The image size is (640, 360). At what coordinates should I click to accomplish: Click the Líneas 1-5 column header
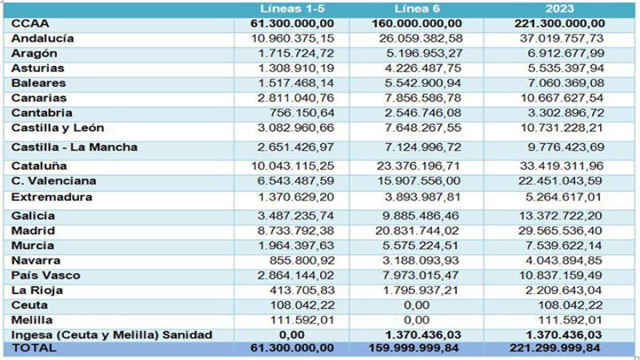292,9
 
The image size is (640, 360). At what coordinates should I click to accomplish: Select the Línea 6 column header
416,9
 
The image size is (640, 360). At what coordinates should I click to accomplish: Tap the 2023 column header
560,9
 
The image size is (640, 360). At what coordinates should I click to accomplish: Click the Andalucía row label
42,38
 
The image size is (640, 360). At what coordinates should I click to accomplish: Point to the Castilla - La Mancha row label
74,147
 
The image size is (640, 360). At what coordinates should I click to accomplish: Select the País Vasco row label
45,275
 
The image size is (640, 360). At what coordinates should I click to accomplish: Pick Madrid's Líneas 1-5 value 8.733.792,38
296,231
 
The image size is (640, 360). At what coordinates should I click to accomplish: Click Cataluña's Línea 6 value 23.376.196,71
417,166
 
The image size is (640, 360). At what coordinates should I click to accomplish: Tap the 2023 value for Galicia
559,216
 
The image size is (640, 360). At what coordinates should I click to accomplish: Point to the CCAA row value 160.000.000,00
416,23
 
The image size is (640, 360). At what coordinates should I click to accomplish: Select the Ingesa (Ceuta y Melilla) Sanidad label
111,335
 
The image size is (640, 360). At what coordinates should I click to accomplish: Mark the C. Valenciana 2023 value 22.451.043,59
559,181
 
